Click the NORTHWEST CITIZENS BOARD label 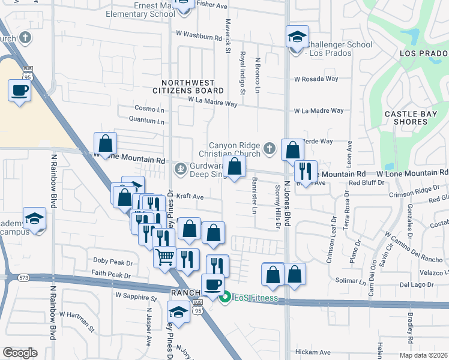point(192,86)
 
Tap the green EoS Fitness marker point(225,297)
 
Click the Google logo point(20,353)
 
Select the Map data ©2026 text point(423,355)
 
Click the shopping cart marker point(164,258)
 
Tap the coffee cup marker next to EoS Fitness point(212,284)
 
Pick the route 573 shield point(23,277)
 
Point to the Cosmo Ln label point(149,109)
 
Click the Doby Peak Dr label point(113,262)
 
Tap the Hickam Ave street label point(313,352)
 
